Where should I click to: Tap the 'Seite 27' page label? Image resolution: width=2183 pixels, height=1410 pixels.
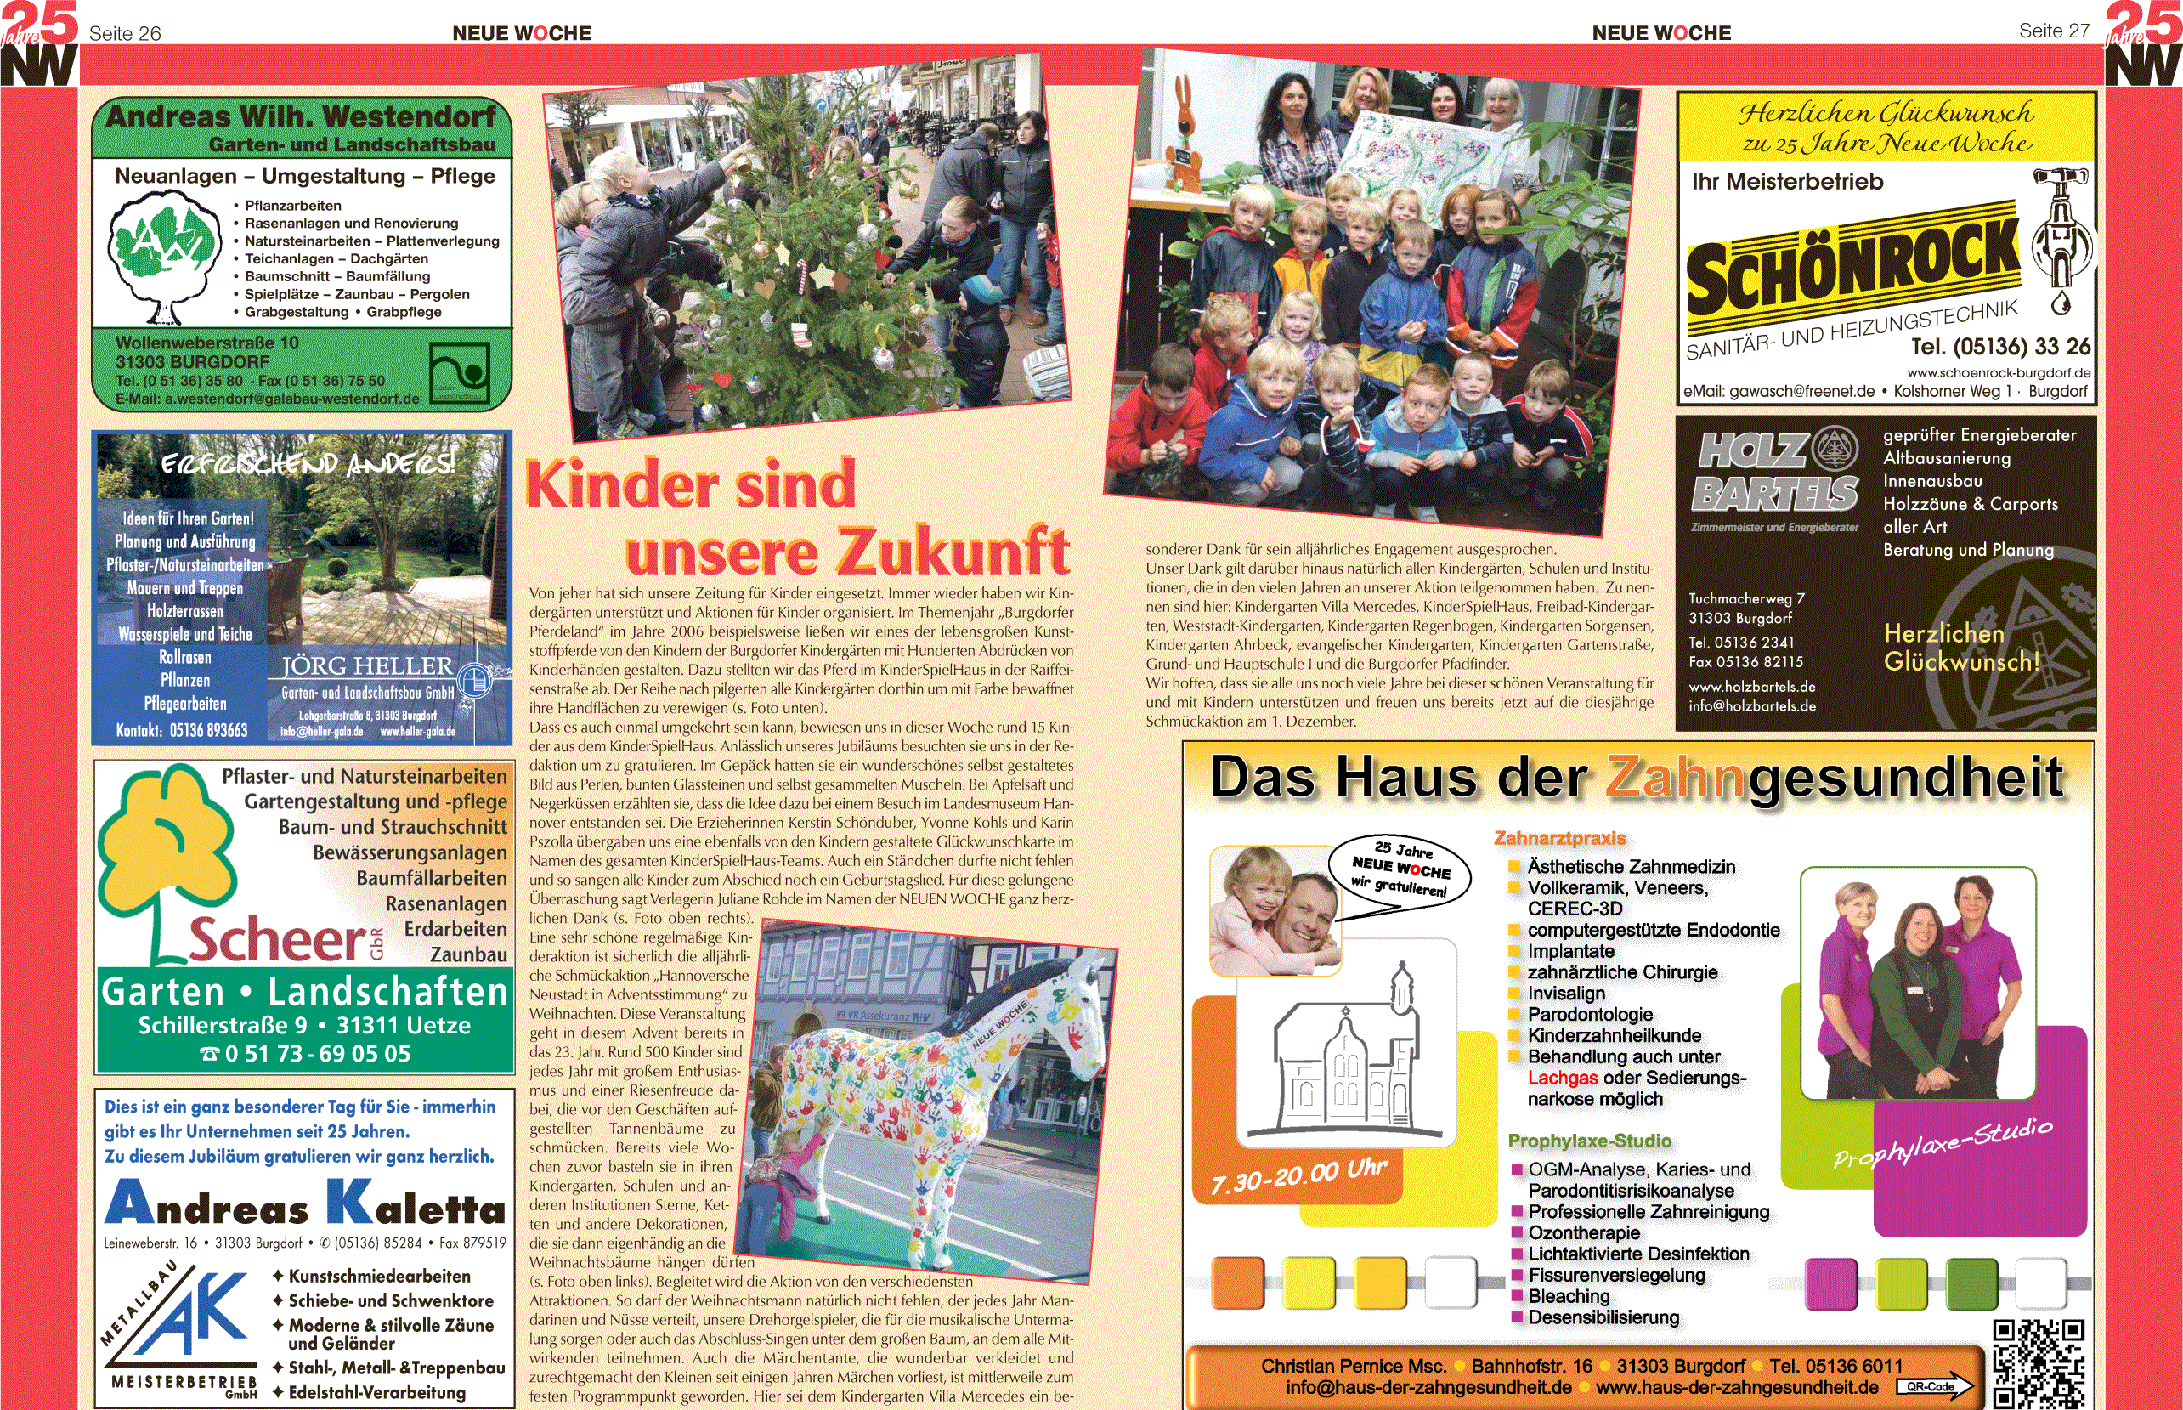point(2054,31)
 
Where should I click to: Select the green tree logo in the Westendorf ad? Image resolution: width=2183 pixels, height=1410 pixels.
point(165,260)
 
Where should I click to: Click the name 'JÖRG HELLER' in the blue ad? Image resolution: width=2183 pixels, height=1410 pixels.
point(366,665)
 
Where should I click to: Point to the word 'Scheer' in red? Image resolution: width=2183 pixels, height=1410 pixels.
point(276,940)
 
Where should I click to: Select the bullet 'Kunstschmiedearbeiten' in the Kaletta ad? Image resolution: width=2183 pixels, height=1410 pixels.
point(379,1277)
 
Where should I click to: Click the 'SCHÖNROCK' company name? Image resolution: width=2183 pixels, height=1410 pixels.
point(1852,265)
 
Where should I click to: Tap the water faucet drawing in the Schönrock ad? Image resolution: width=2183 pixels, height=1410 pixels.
point(2061,238)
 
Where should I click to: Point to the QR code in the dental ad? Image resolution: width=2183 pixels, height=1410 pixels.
point(2038,1362)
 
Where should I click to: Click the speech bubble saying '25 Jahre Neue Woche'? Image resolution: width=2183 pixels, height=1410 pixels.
point(1400,869)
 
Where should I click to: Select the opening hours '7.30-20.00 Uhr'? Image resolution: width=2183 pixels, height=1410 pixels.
point(1298,1175)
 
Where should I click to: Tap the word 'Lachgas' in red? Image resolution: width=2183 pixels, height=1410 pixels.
point(1562,1079)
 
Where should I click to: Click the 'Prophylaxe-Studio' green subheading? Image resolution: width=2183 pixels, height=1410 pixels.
point(1589,1141)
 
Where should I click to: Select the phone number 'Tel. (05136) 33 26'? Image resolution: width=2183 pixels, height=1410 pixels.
point(2000,347)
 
